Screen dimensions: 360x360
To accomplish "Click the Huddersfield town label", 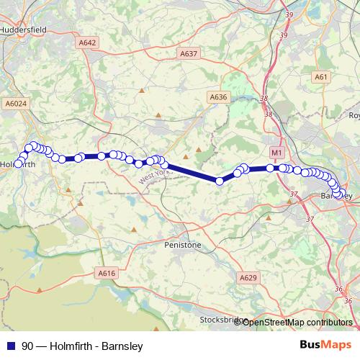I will [23, 30].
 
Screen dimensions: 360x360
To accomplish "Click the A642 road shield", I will [87, 42].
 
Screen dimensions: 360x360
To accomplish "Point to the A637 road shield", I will [189, 53].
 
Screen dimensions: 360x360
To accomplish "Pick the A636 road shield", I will [218, 97].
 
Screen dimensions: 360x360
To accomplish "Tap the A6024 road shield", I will [15, 103].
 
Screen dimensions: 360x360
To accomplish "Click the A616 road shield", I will [106, 273].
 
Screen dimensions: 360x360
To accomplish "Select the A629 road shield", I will [248, 277].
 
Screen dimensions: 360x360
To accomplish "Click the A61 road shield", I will [321, 77].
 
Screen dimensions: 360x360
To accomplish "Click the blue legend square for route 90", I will [9, 346].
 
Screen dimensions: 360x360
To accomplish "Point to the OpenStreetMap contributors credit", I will [297, 322].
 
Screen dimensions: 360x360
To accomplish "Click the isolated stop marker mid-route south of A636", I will [220, 181].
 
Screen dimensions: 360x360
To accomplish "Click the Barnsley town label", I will [336, 195].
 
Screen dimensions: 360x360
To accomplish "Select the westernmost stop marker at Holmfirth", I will [17, 163].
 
